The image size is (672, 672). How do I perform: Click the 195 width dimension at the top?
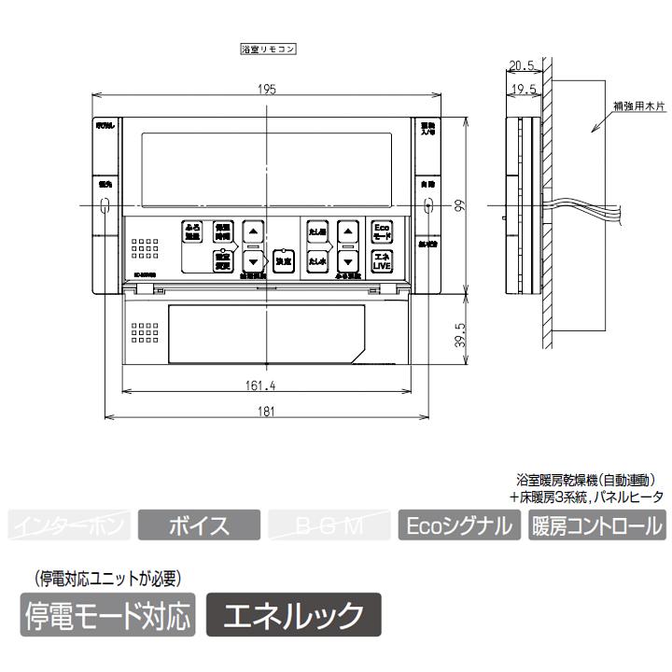[267, 90]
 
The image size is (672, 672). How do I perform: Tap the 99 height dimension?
[457, 207]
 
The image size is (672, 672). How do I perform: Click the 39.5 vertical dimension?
[457, 333]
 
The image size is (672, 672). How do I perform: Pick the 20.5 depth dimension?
[522, 65]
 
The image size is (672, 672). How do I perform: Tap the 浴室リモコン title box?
[268, 50]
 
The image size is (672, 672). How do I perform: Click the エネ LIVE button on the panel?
[382, 260]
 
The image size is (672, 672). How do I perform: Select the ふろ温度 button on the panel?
[192, 231]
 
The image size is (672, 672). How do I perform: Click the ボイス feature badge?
[199, 525]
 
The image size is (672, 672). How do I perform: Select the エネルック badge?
[294, 615]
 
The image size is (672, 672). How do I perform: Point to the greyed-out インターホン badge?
[69, 525]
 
